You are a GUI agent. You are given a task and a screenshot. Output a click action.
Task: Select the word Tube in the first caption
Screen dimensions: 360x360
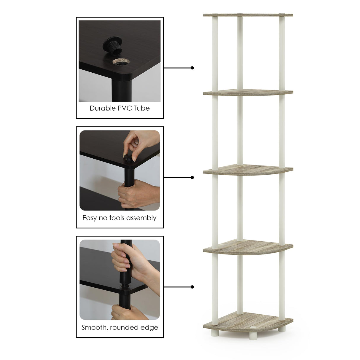pos(142,108)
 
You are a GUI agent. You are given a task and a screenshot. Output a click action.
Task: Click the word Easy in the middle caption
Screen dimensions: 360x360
pos(90,218)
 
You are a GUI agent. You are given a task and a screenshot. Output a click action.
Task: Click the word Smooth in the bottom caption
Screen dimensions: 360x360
pos(95,327)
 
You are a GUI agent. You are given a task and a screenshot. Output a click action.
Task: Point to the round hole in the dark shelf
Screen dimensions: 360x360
pos(121,62)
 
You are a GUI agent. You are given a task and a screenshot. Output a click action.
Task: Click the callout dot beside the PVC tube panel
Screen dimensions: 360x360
pos(192,68)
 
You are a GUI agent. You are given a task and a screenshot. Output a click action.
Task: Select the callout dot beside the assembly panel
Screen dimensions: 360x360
pos(192,177)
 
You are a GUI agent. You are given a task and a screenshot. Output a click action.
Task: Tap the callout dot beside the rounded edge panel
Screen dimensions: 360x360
pos(192,287)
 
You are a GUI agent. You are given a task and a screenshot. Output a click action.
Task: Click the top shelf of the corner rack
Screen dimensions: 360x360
pos(248,15)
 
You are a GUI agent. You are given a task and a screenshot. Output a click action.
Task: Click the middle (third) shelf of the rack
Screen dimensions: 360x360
pos(248,170)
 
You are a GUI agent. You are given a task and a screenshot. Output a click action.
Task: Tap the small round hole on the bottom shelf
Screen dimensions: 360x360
pos(252,327)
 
